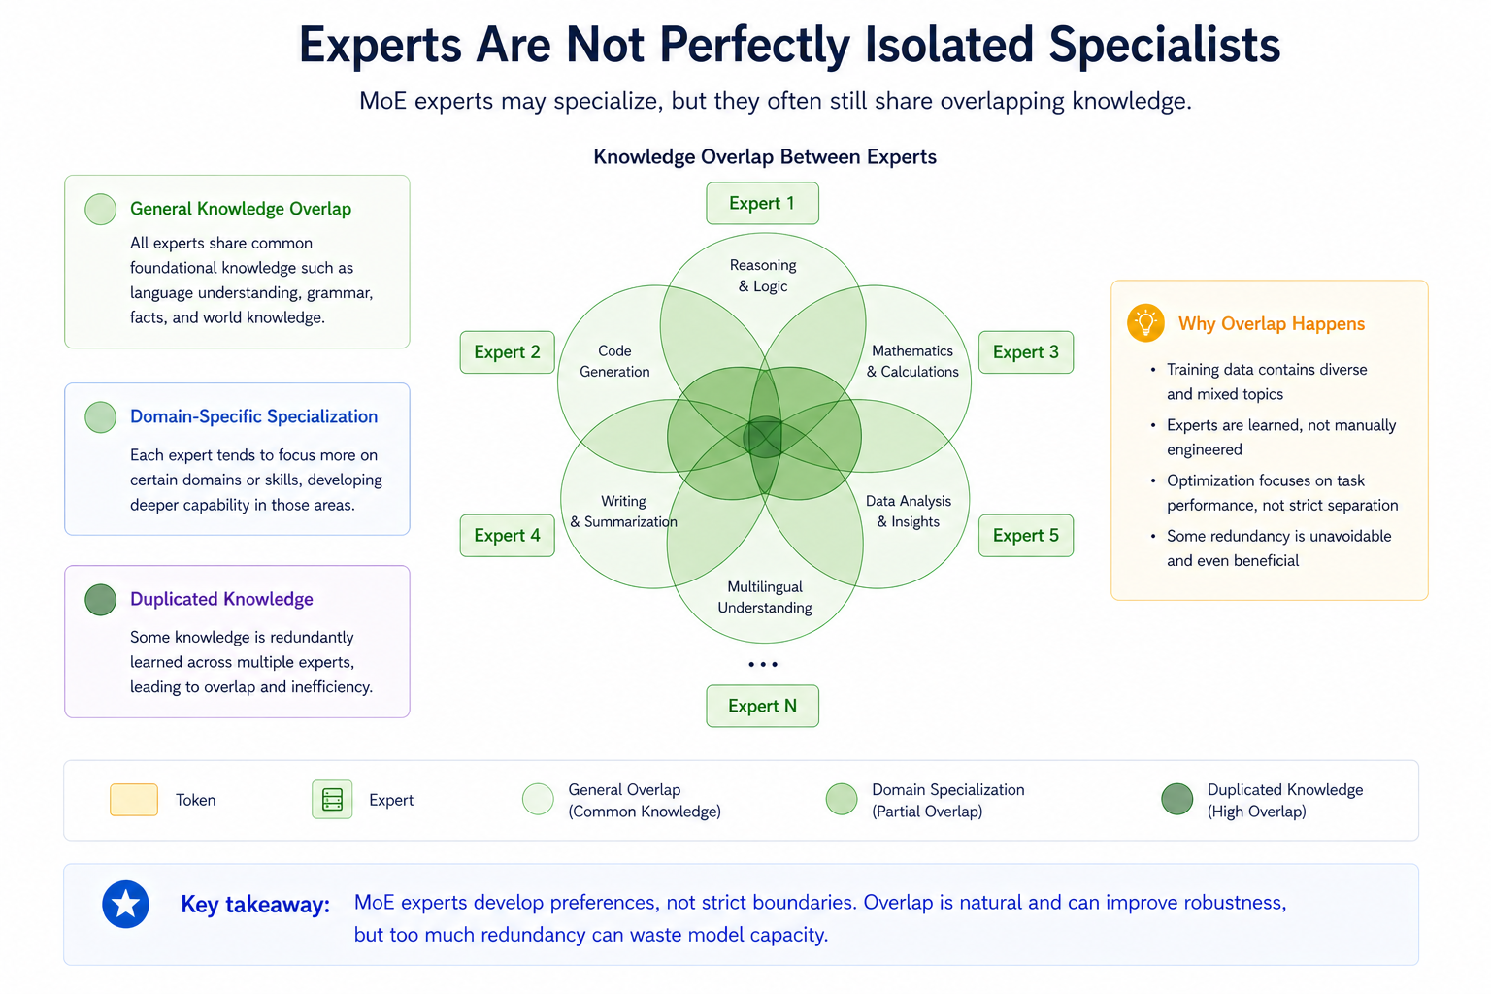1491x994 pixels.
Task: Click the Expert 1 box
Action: click(762, 204)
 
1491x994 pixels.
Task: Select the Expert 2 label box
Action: click(507, 352)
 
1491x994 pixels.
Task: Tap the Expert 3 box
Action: click(1025, 352)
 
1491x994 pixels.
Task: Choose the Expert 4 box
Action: click(507, 536)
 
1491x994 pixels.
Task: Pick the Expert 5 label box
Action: click(1025, 536)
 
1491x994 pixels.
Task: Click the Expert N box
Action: click(762, 706)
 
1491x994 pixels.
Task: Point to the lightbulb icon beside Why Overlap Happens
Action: click(1145, 323)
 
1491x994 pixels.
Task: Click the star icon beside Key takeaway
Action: click(126, 905)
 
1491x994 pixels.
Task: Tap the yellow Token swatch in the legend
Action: click(134, 800)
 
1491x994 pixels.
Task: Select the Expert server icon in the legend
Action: click(332, 800)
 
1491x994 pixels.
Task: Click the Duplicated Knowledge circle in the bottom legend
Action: click(1176, 800)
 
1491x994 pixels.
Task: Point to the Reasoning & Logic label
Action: click(763, 276)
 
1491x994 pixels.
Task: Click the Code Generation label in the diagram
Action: click(614, 361)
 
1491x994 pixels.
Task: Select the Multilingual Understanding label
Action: click(765, 597)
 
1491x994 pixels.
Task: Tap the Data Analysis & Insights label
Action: click(909, 512)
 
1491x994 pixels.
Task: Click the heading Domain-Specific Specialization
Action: click(253, 416)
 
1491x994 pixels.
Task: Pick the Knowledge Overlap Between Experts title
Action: click(765, 157)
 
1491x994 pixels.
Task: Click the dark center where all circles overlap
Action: click(764, 437)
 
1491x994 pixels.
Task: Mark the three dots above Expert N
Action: click(763, 665)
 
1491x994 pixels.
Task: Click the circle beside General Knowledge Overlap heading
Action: click(101, 209)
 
